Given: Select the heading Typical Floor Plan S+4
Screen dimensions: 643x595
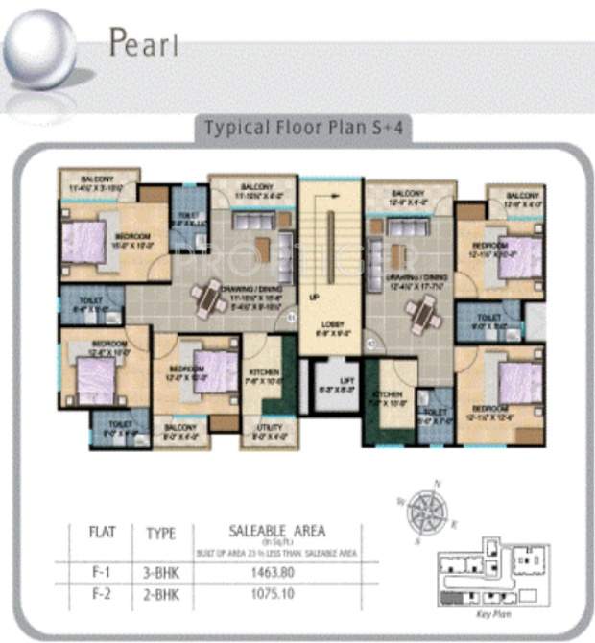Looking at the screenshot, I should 303,128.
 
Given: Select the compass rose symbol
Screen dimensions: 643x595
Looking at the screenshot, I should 422,508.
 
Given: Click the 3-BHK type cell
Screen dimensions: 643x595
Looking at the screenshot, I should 160,573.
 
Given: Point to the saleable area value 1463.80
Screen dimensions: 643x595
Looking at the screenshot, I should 278,573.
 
